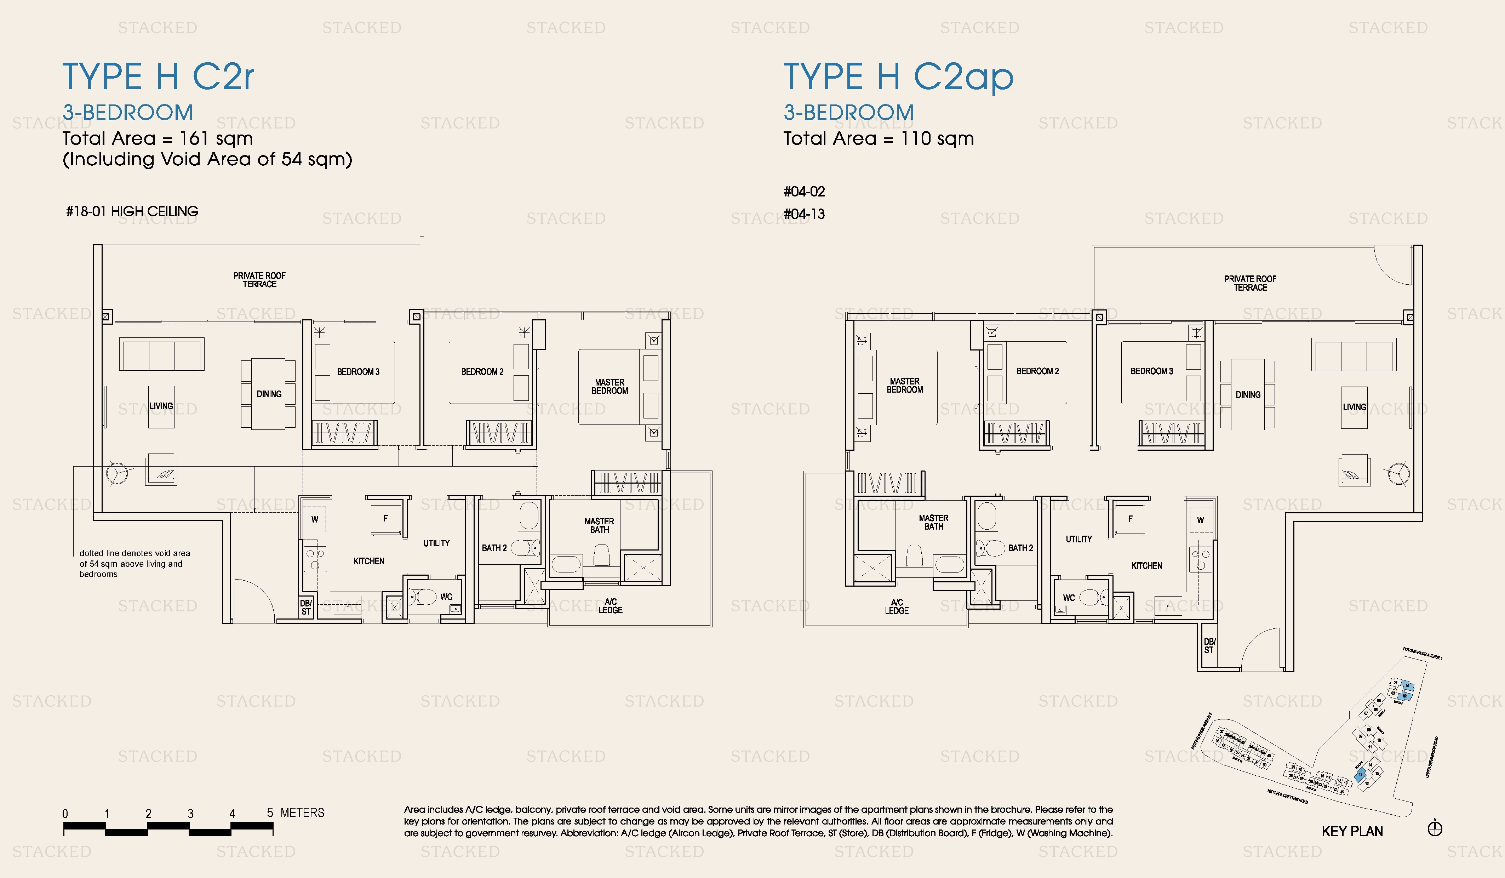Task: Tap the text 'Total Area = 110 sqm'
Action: point(879,138)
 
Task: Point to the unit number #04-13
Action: point(804,214)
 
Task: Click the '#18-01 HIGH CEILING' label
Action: point(132,211)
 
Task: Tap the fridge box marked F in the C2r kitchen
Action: point(385,518)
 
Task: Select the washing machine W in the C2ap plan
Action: point(1200,520)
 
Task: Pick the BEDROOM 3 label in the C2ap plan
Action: point(1151,371)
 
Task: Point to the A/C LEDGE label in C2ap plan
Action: point(897,606)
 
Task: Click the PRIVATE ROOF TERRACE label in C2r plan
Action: point(259,280)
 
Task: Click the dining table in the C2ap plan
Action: point(1248,394)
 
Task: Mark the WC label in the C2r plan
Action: point(446,597)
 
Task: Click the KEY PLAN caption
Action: point(1352,831)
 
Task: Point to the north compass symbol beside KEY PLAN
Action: point(1435,828)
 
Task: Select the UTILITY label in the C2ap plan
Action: point(1078,539)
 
